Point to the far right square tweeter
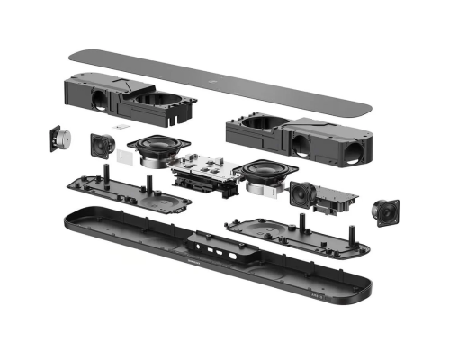pos(387,211)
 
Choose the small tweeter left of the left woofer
pos(102,144)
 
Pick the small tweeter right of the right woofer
pos(301,192)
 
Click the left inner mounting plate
pos(117,188)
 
